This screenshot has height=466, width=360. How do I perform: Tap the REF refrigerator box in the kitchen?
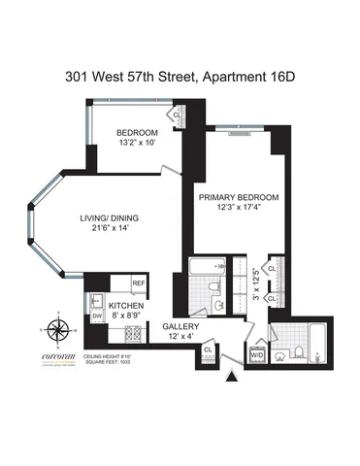pos(140,283)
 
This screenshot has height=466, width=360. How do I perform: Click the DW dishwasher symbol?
pos(96,316)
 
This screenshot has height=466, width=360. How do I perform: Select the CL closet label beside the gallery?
pos(208,349)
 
